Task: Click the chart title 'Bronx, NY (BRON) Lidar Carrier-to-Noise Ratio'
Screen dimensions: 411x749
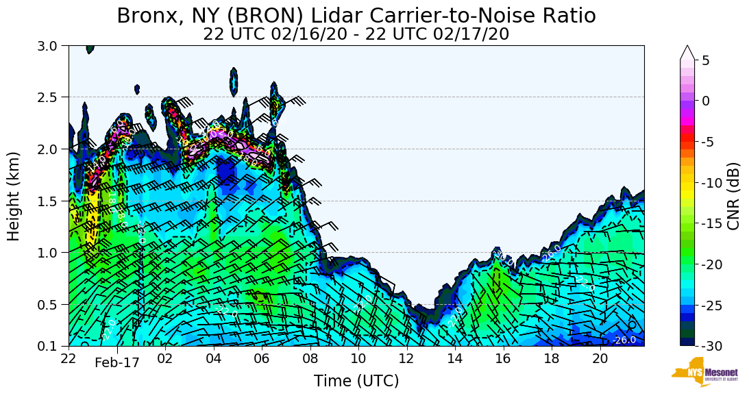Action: pyautogui.click(x=356, y=16)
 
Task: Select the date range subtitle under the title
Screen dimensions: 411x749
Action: pyautogui.click(x=356, y=34)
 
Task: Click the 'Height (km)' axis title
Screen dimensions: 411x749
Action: pyautogui.click(x=14, y=196)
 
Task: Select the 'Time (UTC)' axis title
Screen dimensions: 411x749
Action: pyautogui.click(x=356, y=381)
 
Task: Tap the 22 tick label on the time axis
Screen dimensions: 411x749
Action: pyautogui.click(x=69, y=358)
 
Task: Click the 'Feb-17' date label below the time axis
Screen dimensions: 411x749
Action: pyautogui.click(x=117, y=363)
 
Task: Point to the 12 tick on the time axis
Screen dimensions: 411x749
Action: pyautogui.click(x=406, y=358)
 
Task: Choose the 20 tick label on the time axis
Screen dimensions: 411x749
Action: pyautogui.click(x=600, y=358)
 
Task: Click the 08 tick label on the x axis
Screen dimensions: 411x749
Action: pyautogui.click(x=310, y=358)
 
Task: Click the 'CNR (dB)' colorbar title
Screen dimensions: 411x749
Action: pyautogui.click(x=733, y=196)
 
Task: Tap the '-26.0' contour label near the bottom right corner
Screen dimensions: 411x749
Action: pyautogui.click(x=624, y=340)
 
